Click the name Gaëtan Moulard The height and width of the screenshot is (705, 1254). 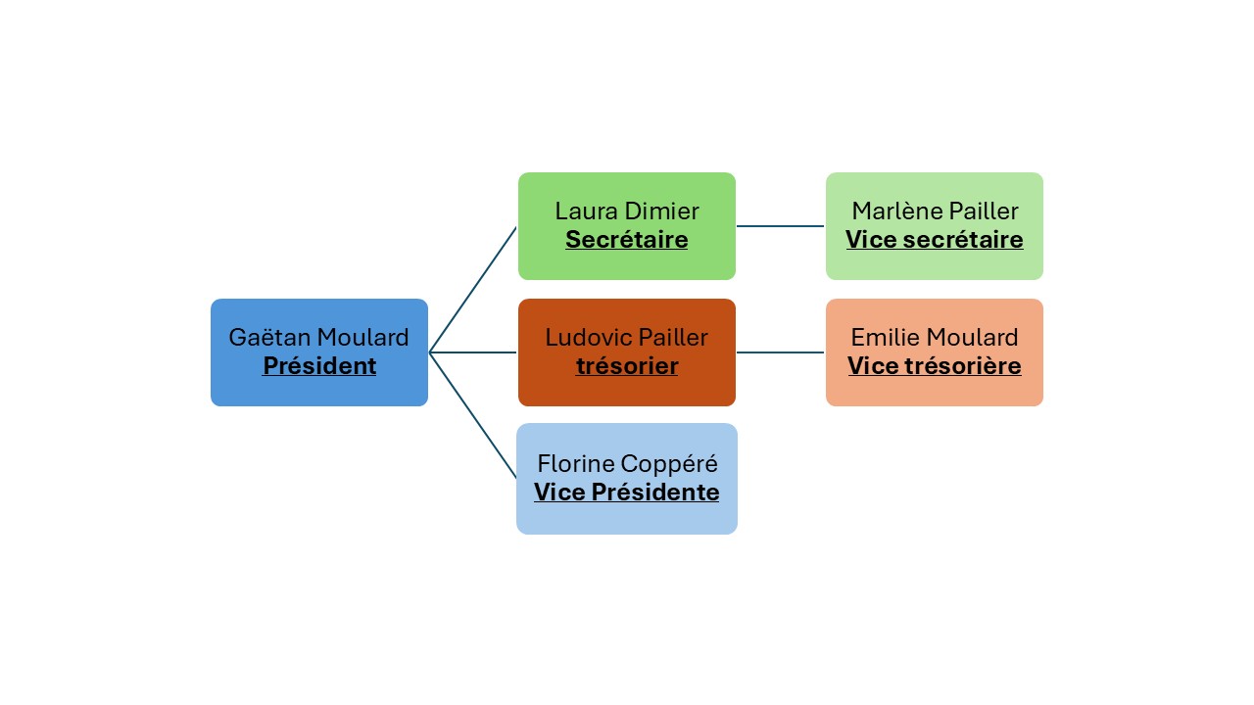pyautogui.click(x=318, y=338)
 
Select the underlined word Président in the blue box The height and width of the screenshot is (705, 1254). pyautogui.click(x=319, y=366)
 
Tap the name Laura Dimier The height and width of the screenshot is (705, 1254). pyautogui.click(x=627, y=211)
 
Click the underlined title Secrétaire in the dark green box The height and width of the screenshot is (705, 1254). pyautogui.click(x=627, y=240)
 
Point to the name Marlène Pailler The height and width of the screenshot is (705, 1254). pyautogui.click(x=935, y=211)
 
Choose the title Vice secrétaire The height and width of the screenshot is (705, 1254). pyautogui.click(x=935, y=240)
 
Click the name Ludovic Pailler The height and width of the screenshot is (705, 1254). pyautogui.click(x=627, y=338)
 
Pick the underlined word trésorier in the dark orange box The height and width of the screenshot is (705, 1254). pyautogui.click(x=627, y=366)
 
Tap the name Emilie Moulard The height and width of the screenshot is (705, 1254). pyautogui.click(x=935, y=338)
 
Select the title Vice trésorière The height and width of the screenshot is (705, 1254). pyautogui.click(x=935, y=366)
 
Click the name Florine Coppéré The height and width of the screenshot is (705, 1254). pyautogui.click(x=627, y=463)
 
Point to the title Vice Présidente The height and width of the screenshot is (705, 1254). pyautogui.click(x=627, y=492)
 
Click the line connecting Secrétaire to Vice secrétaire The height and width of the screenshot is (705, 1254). pyautogui.click(x=781, y=226)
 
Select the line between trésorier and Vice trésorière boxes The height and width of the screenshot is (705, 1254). pyautogui.click(x=781, y=352)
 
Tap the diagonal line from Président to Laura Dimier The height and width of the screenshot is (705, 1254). pyautogui.click(x=473, y=289)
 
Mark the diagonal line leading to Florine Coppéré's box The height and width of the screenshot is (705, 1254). pyautogui.click(x=473, y=415)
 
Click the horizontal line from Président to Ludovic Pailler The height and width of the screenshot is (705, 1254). pyautogui.click(x=473, y=352)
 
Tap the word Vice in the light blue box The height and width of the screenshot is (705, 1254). pyautogui.click(x=557, y=492)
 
